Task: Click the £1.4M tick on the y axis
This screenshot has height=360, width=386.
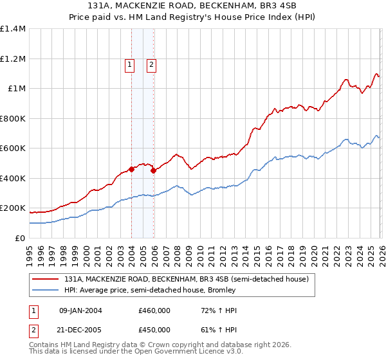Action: [x=13, y=29]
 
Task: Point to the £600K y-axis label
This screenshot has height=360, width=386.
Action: [x=13, y=148]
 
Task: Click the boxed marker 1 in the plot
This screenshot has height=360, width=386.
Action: [x=130, y=64]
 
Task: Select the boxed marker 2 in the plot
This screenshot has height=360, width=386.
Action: [x=152, y=64]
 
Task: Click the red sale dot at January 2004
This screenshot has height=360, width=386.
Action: [x=131, y=170]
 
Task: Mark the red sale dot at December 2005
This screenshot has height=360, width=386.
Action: [x=153, y=171]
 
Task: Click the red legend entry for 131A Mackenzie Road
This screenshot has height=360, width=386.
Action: [x=187, y=280]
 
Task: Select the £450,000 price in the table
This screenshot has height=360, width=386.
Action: [x=154, y=330]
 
